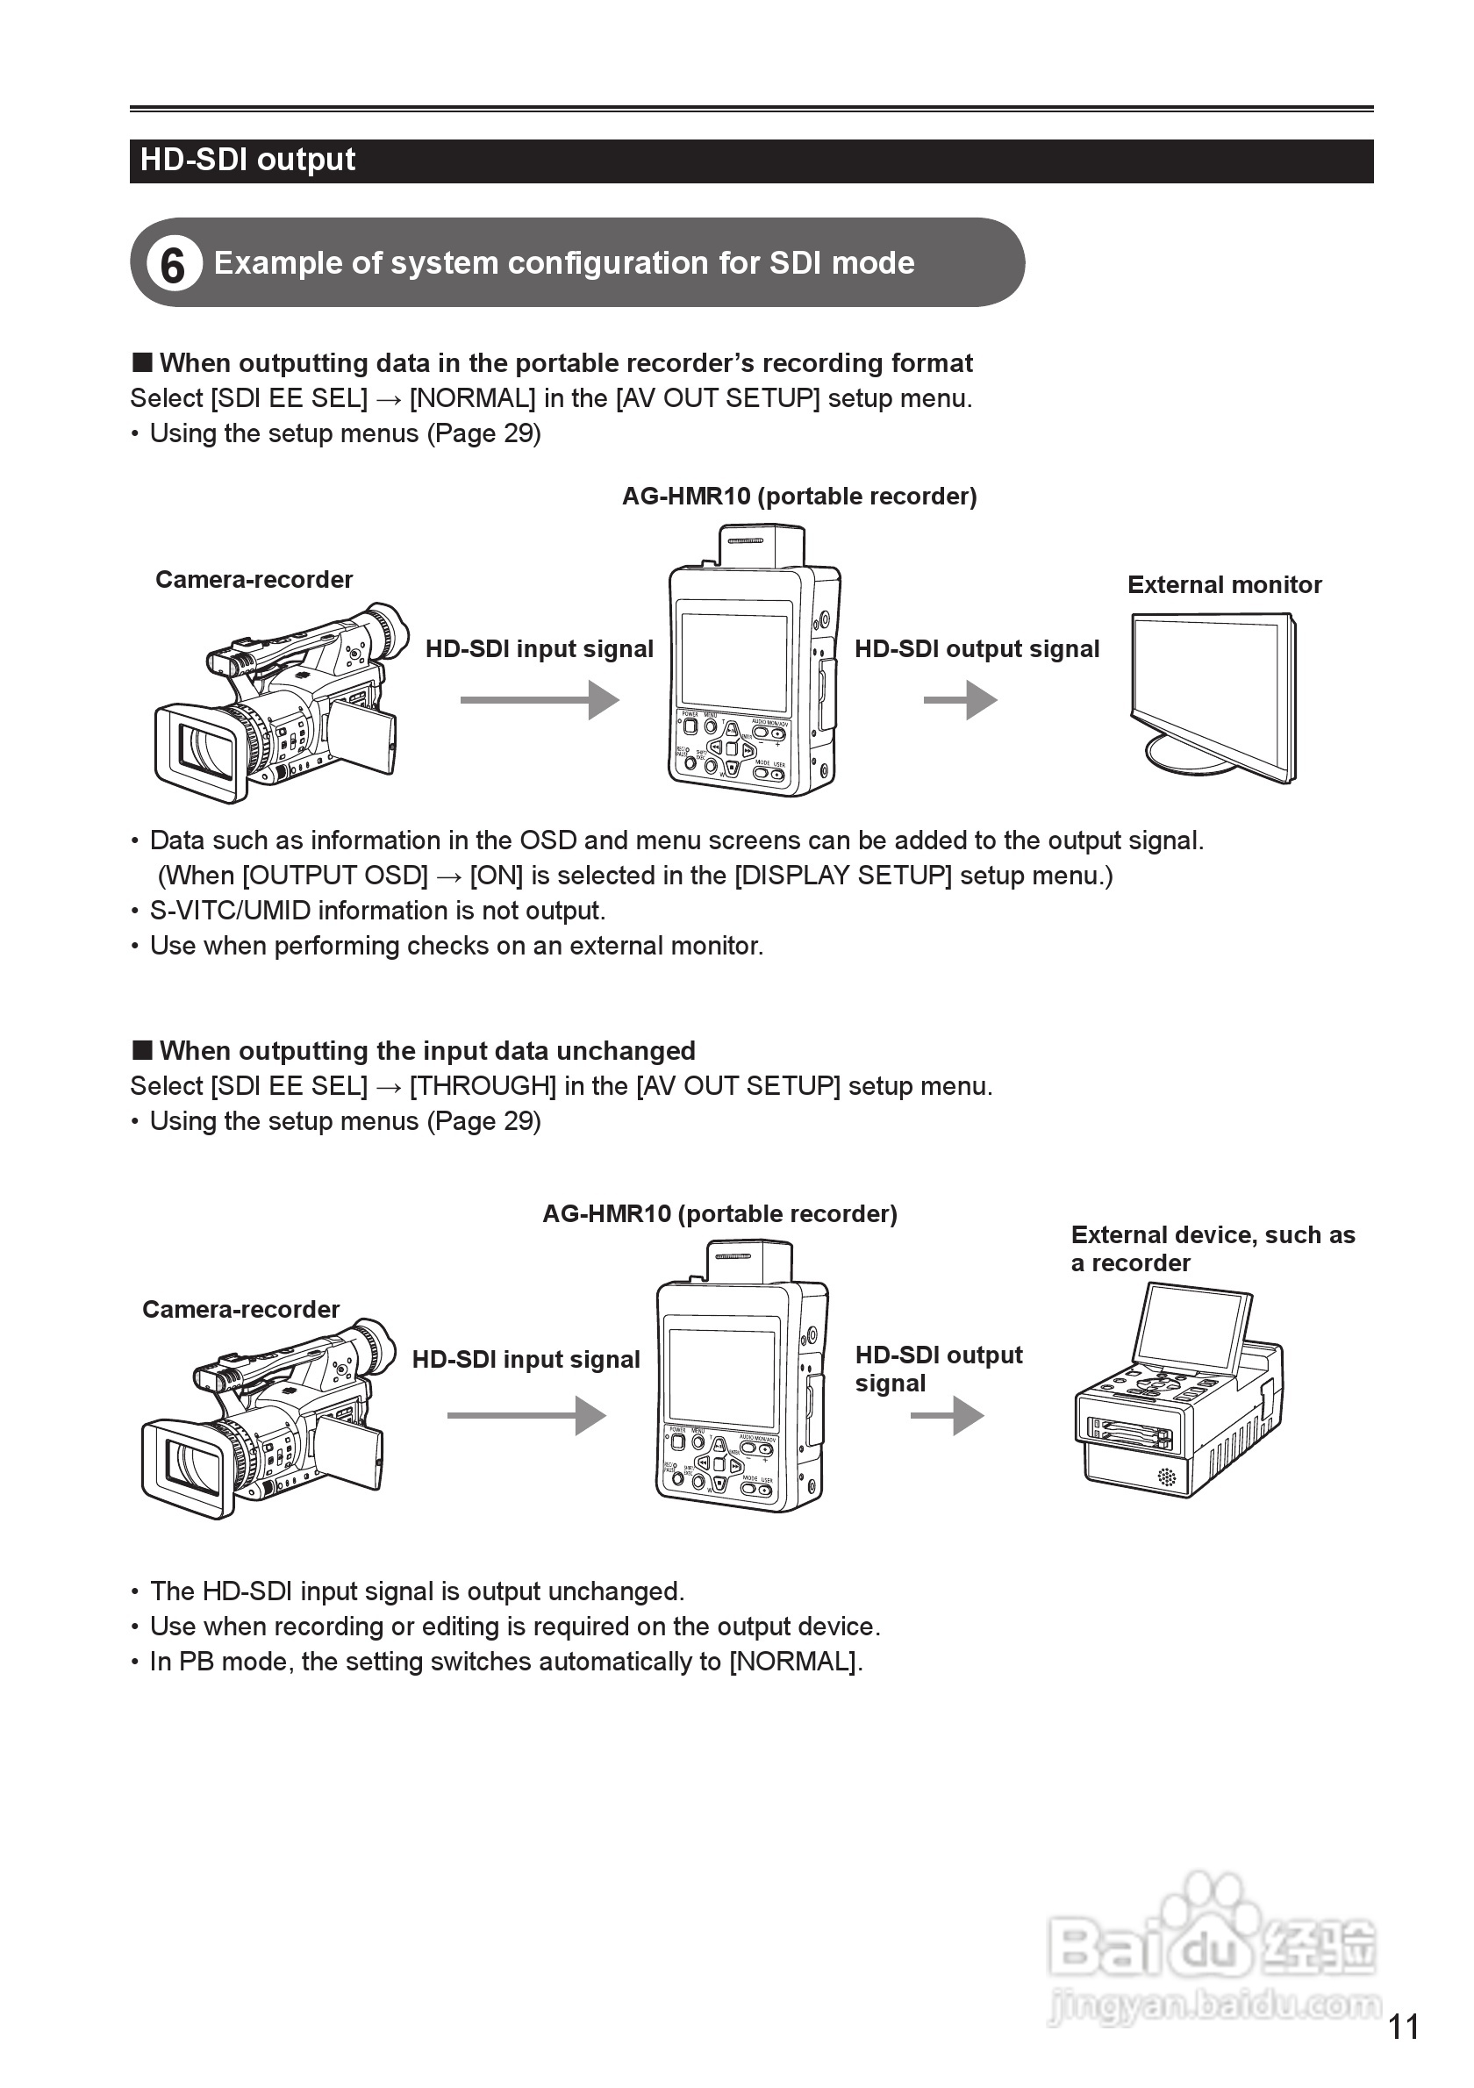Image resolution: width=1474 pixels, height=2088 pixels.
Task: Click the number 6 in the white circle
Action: [173, 265]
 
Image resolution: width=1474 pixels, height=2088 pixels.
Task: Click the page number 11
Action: [1403, 2027]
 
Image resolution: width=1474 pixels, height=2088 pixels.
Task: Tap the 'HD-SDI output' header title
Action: [247, 160]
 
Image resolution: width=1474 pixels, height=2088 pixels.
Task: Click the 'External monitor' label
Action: [1224, 585]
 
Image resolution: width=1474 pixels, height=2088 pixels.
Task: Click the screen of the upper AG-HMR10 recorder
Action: [733, 661]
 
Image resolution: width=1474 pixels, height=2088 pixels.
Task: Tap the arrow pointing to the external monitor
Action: [960, 700]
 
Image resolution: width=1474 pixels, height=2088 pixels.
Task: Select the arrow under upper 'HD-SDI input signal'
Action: [540, 700]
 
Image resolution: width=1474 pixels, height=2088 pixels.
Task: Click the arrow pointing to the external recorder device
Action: [947, 1416]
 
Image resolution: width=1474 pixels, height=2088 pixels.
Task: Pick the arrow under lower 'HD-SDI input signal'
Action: [526, 1416]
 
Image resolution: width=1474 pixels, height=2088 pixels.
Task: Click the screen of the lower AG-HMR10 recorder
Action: [721, 1377]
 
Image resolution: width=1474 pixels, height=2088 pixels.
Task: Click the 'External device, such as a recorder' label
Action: [1213, 1248]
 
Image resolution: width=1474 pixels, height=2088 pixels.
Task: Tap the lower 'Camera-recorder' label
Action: [241, 1310]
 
